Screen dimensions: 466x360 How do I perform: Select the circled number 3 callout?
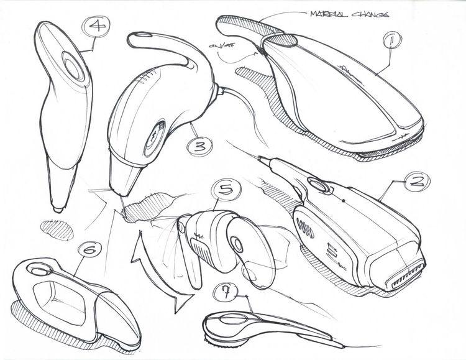pyautogui.click(x=198, y=147)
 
